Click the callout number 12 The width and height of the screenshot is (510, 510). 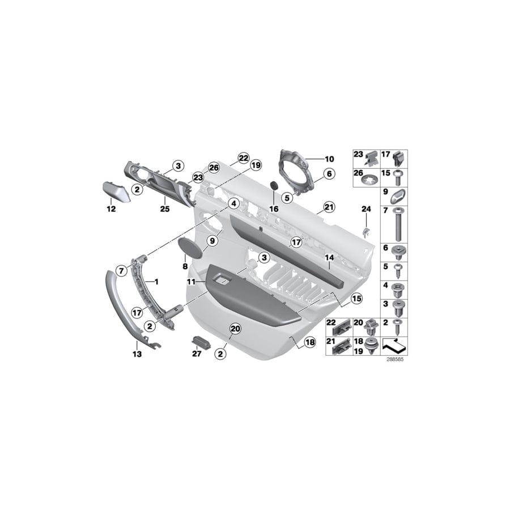pos(110,209)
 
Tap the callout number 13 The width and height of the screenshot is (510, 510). pos(138,354)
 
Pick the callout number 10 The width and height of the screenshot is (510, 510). pos(329,159)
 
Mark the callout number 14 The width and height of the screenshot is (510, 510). pos(328,258)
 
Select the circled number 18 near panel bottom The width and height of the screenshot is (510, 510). pos(309,342)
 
